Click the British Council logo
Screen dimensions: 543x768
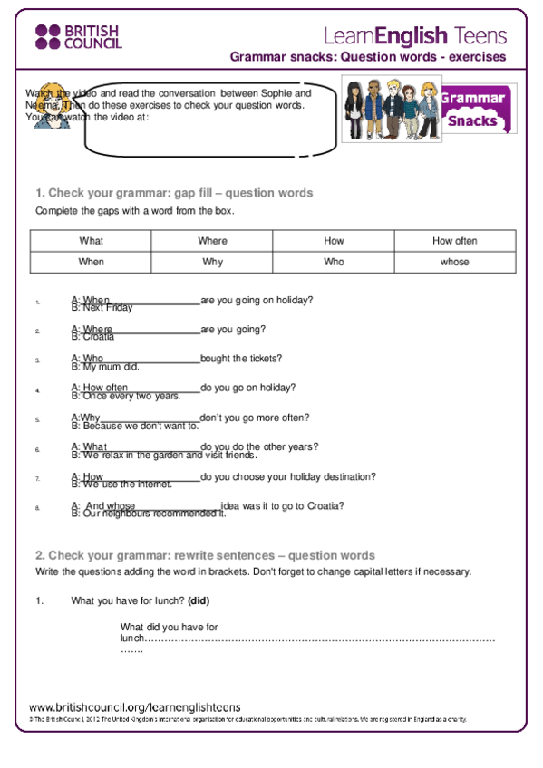78,37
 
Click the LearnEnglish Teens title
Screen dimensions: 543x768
414,35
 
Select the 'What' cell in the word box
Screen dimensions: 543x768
91,241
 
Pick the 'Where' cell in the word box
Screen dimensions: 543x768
212,241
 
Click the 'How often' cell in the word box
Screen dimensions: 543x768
454,241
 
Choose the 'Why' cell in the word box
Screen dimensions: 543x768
212,262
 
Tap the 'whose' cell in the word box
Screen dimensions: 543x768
454,262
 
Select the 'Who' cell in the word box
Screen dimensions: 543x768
334,262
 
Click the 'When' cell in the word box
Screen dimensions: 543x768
91,262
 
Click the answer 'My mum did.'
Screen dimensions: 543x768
105,367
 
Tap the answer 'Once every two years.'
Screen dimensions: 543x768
126,396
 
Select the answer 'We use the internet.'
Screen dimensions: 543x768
121,485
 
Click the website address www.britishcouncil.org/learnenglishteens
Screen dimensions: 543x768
134,707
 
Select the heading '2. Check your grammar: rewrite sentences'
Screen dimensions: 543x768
205,555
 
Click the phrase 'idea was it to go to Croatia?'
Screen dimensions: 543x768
282,506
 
